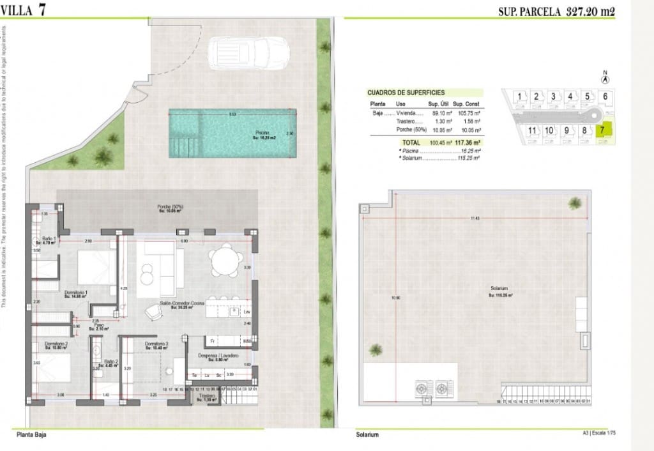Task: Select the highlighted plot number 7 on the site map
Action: tap(602, 130)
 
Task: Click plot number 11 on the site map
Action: tap(531, 130)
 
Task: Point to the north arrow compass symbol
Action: tap(604, 77)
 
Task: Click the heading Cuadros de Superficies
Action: tap(406, 93)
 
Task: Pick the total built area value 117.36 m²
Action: tap(466, 143)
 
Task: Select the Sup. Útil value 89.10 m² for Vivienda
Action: tap(439, 113)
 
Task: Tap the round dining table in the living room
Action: tap(225, 259)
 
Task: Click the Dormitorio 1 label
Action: tap(77, 294)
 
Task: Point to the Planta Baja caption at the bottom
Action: tap(32, 434)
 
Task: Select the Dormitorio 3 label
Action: tap(156, 344)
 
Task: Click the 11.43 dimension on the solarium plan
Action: tap(475, 218)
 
